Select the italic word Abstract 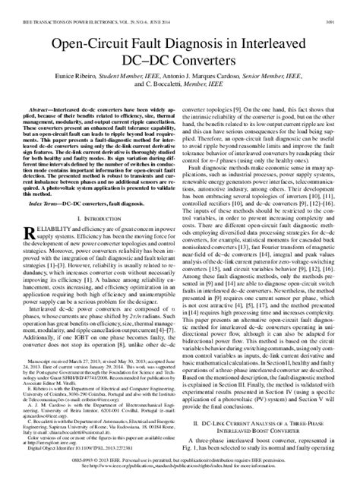point(43,110)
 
